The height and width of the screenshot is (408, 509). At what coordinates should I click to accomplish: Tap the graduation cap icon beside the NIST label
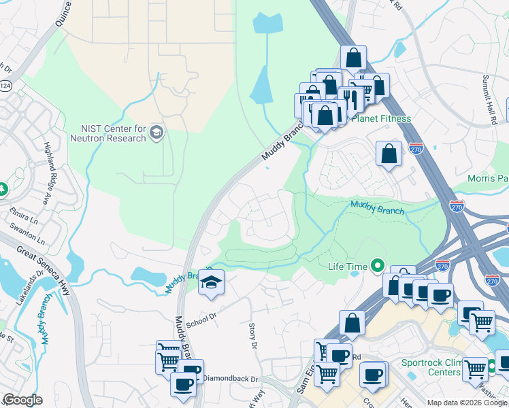tap(157, 131)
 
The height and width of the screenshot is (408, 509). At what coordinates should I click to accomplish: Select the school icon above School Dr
tap(211, 283)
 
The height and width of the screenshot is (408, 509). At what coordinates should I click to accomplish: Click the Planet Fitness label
tap(380, 118)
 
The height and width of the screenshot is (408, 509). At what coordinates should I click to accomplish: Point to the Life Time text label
tap(348, 267)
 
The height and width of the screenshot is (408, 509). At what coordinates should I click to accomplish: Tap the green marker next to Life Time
tap(377, 267)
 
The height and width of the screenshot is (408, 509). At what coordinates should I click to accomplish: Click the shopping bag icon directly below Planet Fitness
tap(388, 154)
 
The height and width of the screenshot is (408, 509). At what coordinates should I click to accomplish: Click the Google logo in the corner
tap(22, 400)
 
